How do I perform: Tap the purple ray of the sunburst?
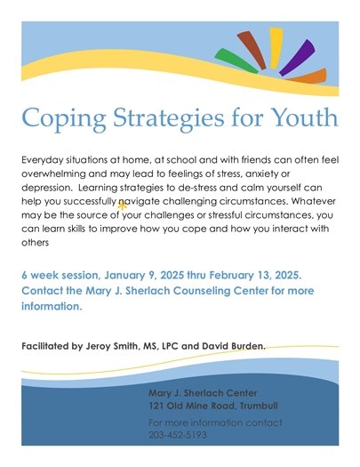299,57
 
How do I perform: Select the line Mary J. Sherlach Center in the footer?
202,391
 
